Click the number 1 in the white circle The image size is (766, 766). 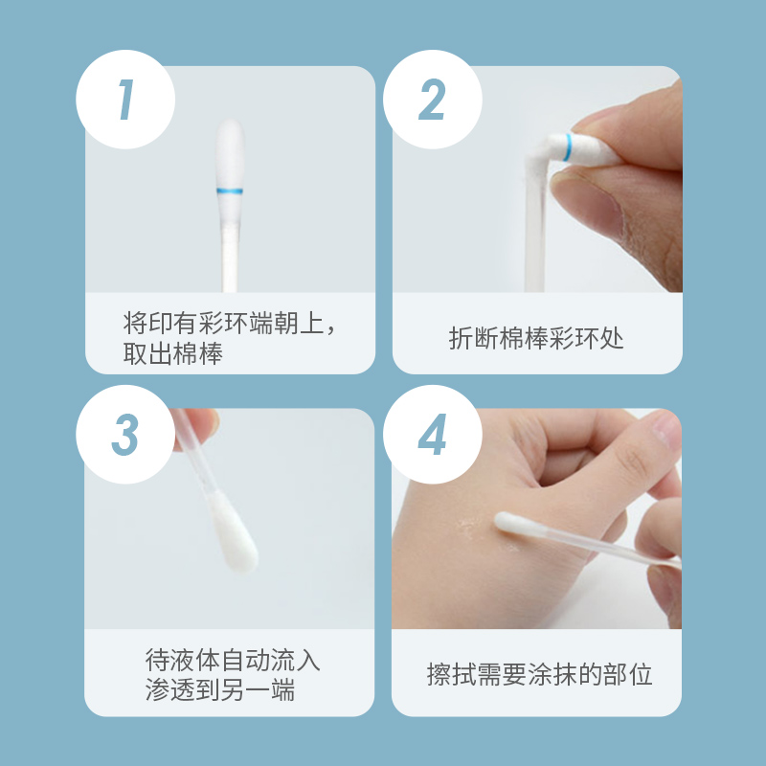126,100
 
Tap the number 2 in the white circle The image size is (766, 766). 433,100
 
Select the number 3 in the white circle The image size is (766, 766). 125,435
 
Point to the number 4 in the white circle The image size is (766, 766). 433,435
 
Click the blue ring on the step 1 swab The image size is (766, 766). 230,191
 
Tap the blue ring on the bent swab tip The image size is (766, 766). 567,147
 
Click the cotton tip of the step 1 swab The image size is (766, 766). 230,154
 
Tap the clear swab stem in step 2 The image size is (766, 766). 534,230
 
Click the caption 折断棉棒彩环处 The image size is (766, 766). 536,338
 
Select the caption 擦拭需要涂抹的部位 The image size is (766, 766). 539,675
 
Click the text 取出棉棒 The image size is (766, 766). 173,353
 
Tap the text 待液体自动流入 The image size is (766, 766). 233,660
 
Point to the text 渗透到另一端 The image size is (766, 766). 220,689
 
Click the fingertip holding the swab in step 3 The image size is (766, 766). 199,426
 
